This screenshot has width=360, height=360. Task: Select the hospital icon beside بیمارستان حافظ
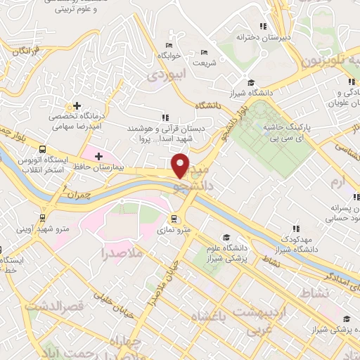[98, 155]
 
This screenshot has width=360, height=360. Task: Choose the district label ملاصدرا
[122, 252]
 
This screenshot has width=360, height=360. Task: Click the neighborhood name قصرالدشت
[54, 306]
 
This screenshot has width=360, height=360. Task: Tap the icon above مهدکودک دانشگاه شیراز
[296, 229]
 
